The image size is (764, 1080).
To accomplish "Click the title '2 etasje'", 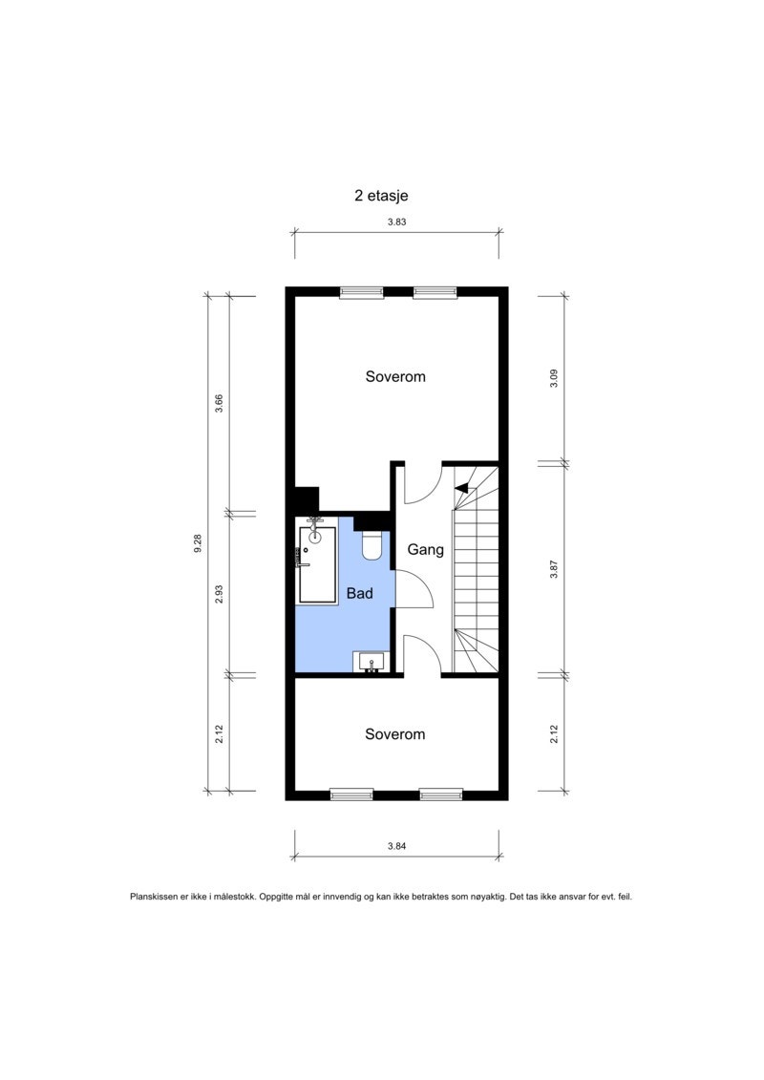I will [381, 196].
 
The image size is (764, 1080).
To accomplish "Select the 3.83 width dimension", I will [395, 221].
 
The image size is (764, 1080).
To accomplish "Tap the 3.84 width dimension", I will [396, 845].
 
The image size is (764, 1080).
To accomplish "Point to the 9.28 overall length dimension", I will [198, 543].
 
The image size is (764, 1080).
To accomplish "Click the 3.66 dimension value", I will [219, 403].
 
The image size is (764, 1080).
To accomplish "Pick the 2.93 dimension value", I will [219, 594].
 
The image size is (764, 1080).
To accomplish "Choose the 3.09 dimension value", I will [553, 378].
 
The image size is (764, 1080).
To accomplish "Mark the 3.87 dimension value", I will [553, 570].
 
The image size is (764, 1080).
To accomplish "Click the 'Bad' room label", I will [359, 593].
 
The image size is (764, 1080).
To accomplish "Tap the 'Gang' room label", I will [425, 550].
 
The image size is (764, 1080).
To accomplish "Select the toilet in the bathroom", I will [372, 545].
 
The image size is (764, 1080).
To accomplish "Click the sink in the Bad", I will [370, 662].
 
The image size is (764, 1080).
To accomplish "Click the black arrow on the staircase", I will [463, 489].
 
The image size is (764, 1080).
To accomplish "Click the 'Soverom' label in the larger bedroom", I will [395, 377].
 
